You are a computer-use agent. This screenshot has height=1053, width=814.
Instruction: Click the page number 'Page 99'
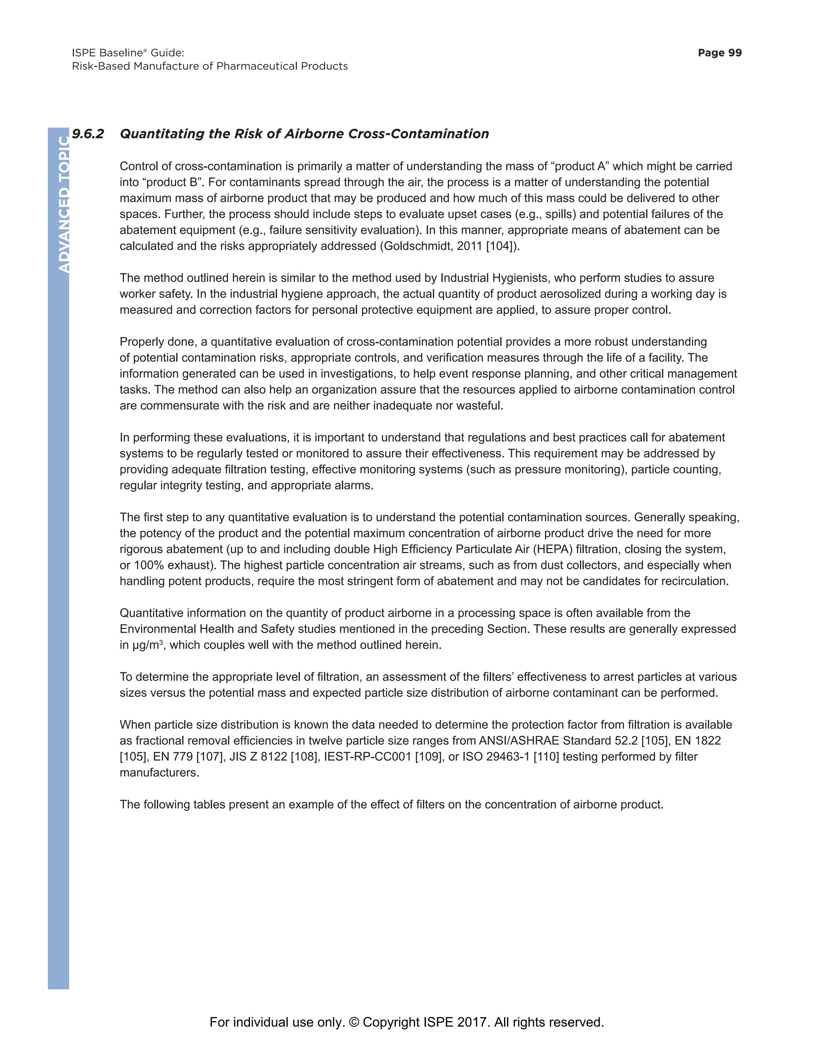(x=719, y=53)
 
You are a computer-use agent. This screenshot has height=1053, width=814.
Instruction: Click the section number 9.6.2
(x=88, y=134)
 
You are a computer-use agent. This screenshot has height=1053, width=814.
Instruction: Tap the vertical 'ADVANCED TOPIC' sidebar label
(x=63, y=205)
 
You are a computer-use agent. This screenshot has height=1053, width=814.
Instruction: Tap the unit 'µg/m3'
(x=147, y=645)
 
